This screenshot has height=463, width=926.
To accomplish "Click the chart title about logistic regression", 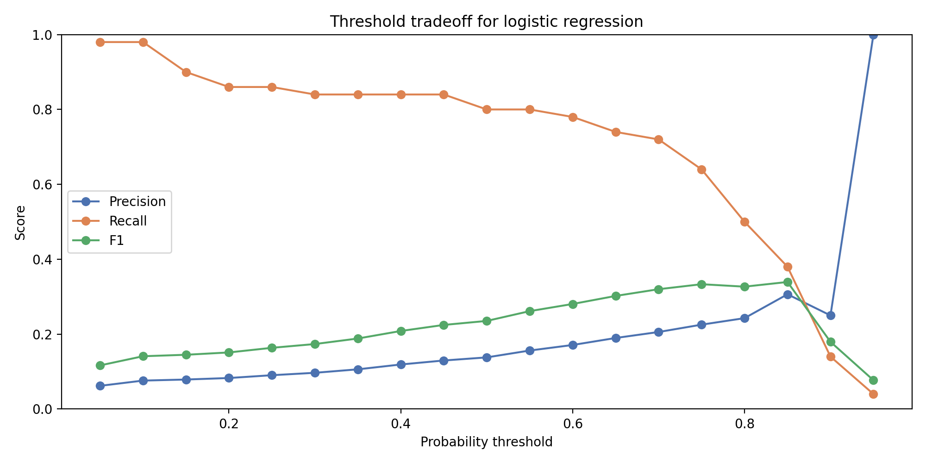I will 486,22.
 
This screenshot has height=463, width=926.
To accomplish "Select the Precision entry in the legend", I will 137,202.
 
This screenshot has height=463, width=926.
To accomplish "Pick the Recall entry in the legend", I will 128,221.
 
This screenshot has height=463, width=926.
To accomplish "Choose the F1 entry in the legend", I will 117,241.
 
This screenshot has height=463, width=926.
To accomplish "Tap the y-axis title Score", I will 20,223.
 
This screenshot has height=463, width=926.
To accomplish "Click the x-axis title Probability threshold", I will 486,442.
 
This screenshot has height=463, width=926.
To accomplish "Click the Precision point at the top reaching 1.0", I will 873,35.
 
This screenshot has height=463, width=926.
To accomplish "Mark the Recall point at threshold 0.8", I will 745,222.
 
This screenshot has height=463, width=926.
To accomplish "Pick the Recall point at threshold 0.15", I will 186,72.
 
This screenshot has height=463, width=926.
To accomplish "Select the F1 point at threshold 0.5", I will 487,321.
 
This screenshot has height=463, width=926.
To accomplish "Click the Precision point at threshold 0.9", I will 831,315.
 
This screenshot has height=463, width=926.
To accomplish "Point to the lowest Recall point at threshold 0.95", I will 873,394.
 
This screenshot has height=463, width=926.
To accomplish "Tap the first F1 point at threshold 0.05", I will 100,366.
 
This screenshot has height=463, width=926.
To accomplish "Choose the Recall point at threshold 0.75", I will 701,169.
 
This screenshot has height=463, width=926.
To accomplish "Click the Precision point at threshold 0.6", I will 573,345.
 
